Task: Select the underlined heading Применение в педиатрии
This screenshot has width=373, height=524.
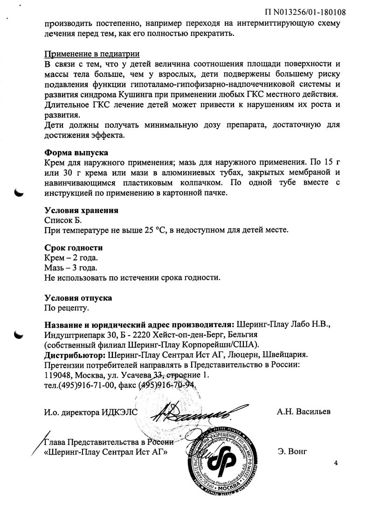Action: point(92,54)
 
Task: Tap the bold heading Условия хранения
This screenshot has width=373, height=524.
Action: point(81,210)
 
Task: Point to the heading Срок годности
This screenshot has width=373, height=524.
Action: point(73,248)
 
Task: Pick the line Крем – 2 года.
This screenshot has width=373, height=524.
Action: point(71,258)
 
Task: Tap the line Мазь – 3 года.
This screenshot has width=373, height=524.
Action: point(71,268)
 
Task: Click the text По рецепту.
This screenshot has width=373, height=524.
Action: point(66,308)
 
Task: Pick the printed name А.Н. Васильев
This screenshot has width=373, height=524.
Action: point(304,412)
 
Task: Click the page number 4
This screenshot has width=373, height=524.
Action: point(336,462)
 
